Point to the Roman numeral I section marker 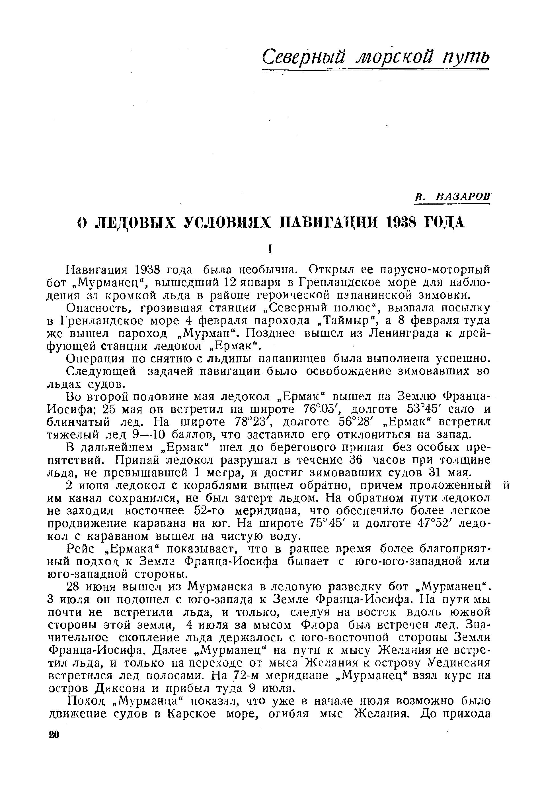pos(270,250)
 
